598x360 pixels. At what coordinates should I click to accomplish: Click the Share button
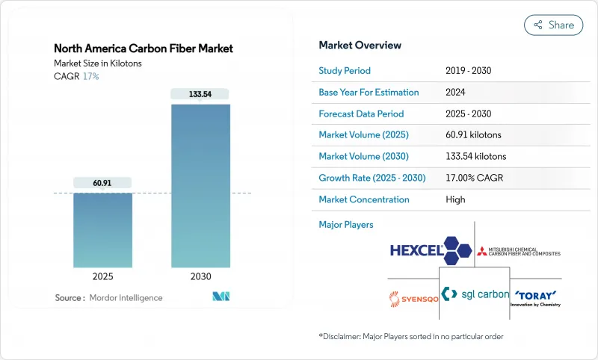click(553, 25)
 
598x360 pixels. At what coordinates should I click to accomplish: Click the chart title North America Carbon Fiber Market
click(144, 49)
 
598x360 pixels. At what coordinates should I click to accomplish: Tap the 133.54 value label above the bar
click(200, 93)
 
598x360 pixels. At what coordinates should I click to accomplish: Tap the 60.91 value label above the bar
click(102, 182)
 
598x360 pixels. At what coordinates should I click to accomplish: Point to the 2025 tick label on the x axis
click(102, 276)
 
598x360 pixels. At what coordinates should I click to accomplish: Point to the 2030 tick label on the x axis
click(200, 276)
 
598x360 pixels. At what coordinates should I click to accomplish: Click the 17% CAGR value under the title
click(90, 76)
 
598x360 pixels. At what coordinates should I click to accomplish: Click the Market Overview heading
click(360, 46)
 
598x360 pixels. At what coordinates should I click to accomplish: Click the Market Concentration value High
click(455, 199)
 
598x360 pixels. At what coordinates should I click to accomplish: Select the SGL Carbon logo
click(475, 294)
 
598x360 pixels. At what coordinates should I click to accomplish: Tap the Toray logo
click(535, 296)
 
